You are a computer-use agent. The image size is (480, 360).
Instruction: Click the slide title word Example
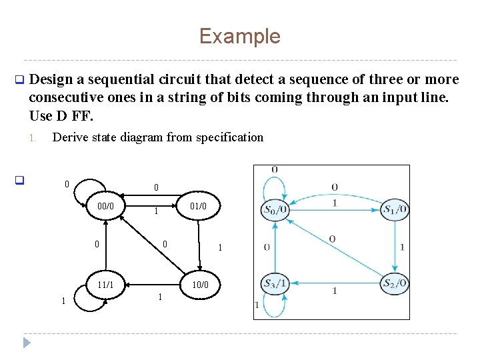(x=239, y=36)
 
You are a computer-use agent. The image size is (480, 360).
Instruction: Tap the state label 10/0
(x=199, y=285)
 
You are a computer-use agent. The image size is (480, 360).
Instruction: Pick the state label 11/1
(x=106, y=285)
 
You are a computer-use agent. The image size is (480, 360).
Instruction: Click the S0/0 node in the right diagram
(x=275, y=210)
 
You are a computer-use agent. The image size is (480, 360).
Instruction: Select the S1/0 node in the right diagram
(x=395, y=210)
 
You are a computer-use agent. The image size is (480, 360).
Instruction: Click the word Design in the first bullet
(x=51, y=80)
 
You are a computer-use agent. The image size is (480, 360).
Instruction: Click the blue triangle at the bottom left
(x=27, y=343)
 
